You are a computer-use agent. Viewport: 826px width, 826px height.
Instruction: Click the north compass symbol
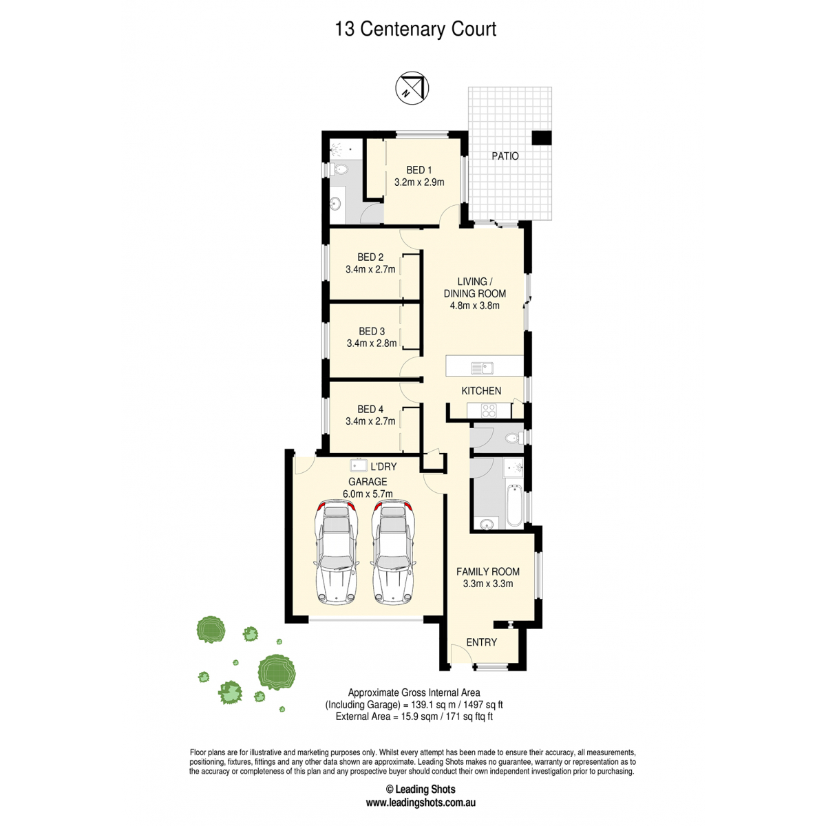pyautogui.click(x=412, y=88)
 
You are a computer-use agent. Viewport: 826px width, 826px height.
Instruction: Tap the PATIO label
pyautogui.click(x=505, y=156)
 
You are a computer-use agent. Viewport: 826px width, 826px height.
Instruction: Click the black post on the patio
pyautogui.click(x=542, y=138)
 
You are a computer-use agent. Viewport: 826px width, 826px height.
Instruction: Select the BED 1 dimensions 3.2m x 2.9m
pyautogui.click(x=419, y=182)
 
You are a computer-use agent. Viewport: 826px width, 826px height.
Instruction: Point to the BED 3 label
pyautogui.click(x=372, y=331)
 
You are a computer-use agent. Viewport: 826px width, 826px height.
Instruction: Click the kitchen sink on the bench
pyautogui.click(x=483, y=368)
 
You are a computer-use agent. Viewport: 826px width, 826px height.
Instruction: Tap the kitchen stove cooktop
pyautogui.click(x=489, y=411)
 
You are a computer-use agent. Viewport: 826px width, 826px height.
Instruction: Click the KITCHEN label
pyautogui.click(x=481, y=390)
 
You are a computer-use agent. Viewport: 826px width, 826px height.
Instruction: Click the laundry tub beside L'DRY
pyautogui.click(x=359, y=465)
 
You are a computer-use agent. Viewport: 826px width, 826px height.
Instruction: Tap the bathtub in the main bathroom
pyautogui.click(x=514, y=506)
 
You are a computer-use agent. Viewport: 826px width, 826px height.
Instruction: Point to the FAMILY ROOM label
pyautogui.click(x=488, y=572)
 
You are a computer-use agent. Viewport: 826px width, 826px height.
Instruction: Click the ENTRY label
pyautogui.click(x=481, y=642)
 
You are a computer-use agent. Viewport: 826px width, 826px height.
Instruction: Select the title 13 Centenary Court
pyautogui.click(x=415, y=30)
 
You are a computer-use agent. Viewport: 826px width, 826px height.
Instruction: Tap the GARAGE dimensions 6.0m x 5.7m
pyautogui.click(x=368, y=494)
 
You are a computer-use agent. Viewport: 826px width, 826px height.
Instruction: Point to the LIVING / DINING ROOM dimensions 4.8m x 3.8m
pyautogui.click(x=474, y=306)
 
